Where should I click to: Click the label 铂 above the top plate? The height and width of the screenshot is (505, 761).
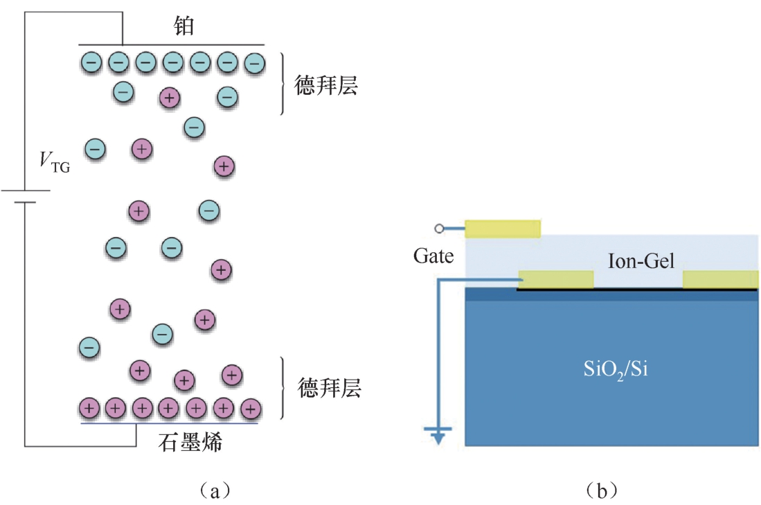pyautogui.click(x=183, y=27)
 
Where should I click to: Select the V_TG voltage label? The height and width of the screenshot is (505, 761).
pyautogui.click(x=54, y=163)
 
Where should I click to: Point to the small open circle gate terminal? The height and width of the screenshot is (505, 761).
pyautogui.click(x=438, y=229)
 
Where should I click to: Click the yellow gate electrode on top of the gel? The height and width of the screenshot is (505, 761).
pyautogui.click(x=502, y=229)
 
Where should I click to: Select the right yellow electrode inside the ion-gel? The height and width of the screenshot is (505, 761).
pyautogui.click(x=720, y=279)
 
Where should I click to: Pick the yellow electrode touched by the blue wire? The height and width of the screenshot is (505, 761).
pyautogui.click(x=555, y=279)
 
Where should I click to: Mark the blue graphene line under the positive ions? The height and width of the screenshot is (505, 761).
pyautogui.click(x=170, y=422)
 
